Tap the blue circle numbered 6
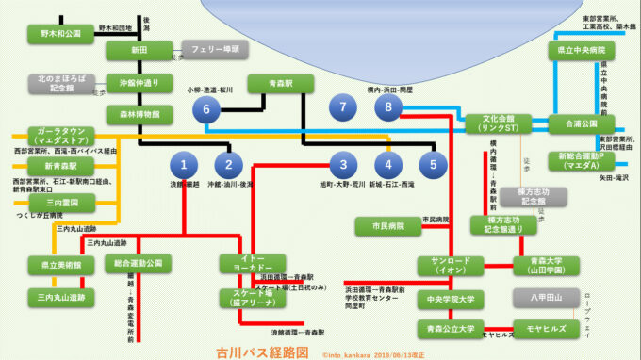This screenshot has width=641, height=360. (205, 110)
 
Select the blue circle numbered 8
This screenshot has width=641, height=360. (386, 108)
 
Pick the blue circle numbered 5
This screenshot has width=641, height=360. (433, 163)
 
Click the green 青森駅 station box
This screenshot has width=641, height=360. (280, 84)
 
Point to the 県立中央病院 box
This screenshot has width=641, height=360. (581, 50)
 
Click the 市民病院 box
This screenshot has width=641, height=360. (386, 226)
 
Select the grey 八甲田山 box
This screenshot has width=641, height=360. (548, 299)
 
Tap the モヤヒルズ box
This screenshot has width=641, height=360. (548, 330)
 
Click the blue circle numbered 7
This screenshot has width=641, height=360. (343, 108)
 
